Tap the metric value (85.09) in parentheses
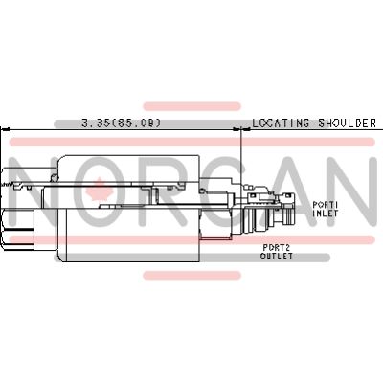point(137,124)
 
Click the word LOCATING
point(281,124)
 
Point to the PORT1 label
point(327,205)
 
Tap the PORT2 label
point(276,247)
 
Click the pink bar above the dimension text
point(191,105)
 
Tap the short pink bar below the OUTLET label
point(191,276)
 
